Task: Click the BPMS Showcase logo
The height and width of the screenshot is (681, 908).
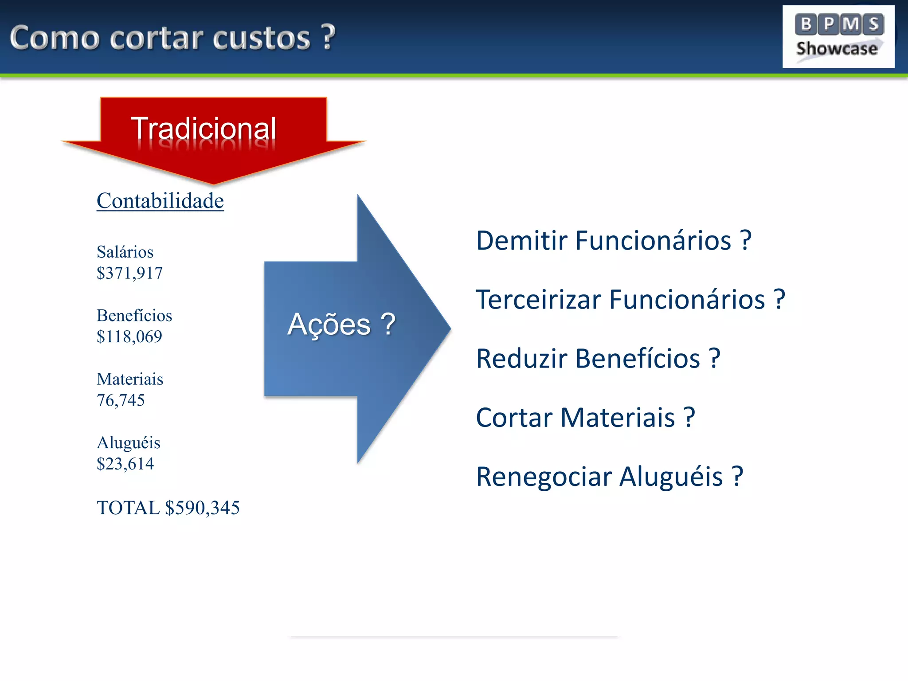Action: click(x=838, y=37)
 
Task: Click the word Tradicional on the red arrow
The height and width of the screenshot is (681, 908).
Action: click(x=203, y=129)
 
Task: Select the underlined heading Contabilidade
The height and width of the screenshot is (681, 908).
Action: click(x=160, y=201)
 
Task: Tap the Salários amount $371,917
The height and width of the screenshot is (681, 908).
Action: click(x=129, y=273)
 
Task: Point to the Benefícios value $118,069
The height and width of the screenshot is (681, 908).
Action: click(x=129, y=337)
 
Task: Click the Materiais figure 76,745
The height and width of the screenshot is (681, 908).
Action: click(x=121, y=400)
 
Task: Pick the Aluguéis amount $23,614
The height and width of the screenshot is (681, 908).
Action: click(x=125, y=464)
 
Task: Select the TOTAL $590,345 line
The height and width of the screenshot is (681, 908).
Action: click(x=168, y=508)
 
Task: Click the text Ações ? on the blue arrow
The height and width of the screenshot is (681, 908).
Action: click(x=341, y=325)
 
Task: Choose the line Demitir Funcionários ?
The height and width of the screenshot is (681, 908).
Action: click(x=614, y=241)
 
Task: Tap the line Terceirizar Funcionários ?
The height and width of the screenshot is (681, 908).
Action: click(x=630, y=300)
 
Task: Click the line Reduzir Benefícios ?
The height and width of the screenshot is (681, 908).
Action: click(x=598, y=359)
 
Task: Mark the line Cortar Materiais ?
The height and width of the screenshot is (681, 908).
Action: click(x=585, y=418)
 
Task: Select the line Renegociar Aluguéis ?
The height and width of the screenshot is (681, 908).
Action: click(x=609, y=477)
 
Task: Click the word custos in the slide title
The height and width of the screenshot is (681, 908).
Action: click(x=261, y=39)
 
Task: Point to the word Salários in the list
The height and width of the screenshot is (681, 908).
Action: click(x=125, y=252)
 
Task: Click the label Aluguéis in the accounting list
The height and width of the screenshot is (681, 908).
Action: click(x=129, y=443)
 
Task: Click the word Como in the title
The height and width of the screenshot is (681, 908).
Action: click(x=54, y=39)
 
